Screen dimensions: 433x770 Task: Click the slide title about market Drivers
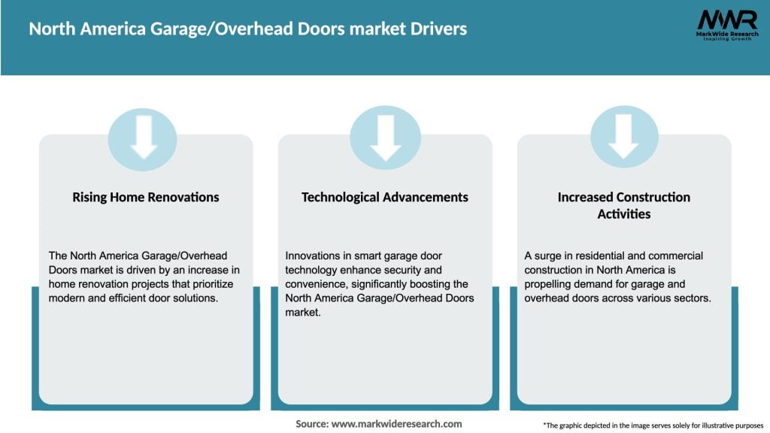tap(247, 29)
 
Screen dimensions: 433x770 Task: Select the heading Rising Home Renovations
tap(146, 197)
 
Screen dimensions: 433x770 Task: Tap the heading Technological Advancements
tap(384, 197)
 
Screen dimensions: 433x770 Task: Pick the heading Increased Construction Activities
tap(623, 205)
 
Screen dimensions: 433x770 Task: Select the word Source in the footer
tap(312, 424)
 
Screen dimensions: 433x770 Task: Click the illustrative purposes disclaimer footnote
tap(653, 425)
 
